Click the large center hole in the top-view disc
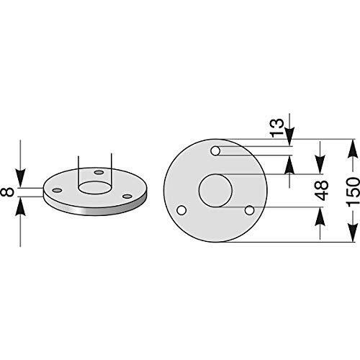click(215, 192)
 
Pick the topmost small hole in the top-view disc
click(215, 151)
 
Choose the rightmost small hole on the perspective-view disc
click(127, 195)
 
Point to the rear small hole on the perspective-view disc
click(99, 173)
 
